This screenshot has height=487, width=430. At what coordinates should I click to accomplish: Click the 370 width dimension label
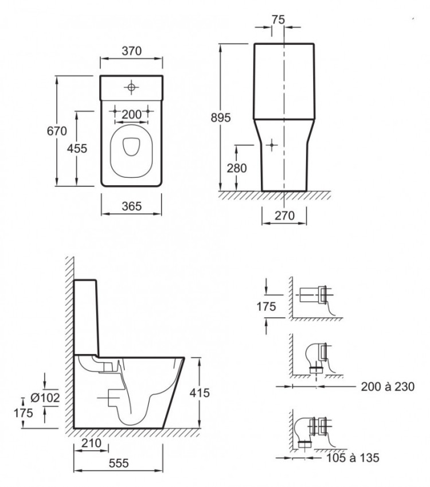click(x=132, y=50)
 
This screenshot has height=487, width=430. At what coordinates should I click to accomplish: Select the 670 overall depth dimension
click(x=57, y=131)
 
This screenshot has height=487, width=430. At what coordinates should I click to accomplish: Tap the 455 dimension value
click(x=77, y=149)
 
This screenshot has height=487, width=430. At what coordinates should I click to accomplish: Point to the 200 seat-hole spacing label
click(x=132, y=115)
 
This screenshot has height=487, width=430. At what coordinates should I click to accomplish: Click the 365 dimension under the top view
click(x=132, y=207)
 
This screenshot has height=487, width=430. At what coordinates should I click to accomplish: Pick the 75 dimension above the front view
click(x=278, y=20)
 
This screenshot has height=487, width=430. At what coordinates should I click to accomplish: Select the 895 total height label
click(x=221, y=118)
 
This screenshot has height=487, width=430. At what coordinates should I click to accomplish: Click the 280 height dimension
click(x=237, y=168)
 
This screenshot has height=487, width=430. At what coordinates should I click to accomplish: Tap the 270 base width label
click(x=284, y=215)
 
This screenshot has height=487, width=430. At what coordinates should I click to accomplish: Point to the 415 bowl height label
click(x=200, y=393)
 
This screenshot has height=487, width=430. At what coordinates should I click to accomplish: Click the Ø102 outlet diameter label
click(x=45, y=398)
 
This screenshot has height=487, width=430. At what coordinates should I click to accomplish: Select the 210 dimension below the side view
click(x=91, y=443)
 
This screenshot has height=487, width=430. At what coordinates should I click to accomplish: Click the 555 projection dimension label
click(x=119, y=463)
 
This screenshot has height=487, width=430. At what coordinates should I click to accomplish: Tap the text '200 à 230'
click(x=388, y=387)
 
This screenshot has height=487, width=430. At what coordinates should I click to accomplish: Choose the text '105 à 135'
click(x=353, y=458)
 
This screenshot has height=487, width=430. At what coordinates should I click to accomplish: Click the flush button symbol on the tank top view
click(x=131, y=87)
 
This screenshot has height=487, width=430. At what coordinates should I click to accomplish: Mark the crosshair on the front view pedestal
click(x=272, y=145)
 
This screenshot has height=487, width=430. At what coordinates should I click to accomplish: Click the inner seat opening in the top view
click(x=132, y=146)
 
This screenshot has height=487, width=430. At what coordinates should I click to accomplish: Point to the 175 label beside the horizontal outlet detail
click(x=266, y=306)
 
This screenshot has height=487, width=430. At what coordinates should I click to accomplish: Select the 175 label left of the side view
click(x=24, y=413)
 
